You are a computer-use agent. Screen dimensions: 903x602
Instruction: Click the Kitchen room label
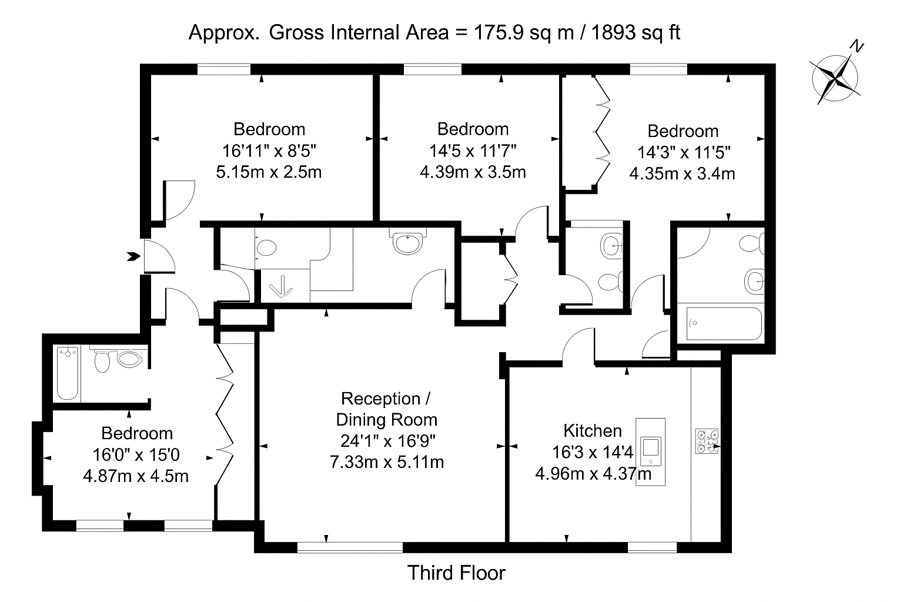(592, 431)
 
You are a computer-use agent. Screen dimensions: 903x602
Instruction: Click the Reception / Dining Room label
(386, 409)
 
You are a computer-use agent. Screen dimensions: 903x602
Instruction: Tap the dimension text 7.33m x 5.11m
(386, 462)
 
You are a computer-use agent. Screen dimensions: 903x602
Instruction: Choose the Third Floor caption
(456, 573)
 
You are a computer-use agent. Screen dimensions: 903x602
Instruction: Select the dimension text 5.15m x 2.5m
(269, 172)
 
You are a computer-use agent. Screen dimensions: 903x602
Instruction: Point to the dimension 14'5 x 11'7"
(473, 150)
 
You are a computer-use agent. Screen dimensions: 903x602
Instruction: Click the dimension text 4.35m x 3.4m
(682, 174)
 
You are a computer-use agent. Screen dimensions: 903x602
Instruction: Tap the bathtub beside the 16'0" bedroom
(68, 373)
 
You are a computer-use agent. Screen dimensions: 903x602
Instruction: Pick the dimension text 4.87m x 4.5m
(136, 476)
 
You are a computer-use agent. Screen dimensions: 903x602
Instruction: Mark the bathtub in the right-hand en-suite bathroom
(720, 323)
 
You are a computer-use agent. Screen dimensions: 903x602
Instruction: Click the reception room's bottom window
(350, 548)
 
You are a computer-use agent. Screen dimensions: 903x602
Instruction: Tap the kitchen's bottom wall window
(653, 548)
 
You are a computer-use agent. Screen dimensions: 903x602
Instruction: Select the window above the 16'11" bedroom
(224, 70)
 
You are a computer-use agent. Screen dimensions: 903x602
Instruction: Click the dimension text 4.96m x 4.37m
(593, 473)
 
